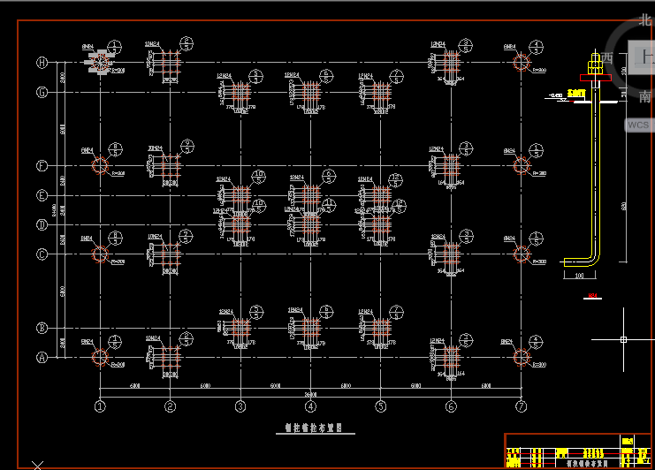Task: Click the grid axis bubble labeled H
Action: tap(42, 63)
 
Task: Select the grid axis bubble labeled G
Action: tap(42, 92)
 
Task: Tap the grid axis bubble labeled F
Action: tap(42, 165)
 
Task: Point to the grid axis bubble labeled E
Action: tap(42, 195)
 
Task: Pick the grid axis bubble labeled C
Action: tap(42, 254)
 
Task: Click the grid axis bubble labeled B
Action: tap(42, 329)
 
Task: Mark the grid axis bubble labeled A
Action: tap(42, 358)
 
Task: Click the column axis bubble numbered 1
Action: tap(100, 406)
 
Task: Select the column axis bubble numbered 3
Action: tap(240, 406)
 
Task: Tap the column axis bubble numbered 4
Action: tap(310, 406)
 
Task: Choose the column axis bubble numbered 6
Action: tap(451, 406)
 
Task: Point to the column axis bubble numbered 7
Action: tap(522, 406)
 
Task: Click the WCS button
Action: tap(638, 125)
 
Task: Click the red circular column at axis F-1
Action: tap(100, 165)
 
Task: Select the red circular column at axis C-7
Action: tap(522, 254)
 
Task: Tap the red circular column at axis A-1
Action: tap(100, 358)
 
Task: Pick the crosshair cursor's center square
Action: tap(623, 339)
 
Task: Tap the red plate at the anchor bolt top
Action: tap(577, 92)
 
